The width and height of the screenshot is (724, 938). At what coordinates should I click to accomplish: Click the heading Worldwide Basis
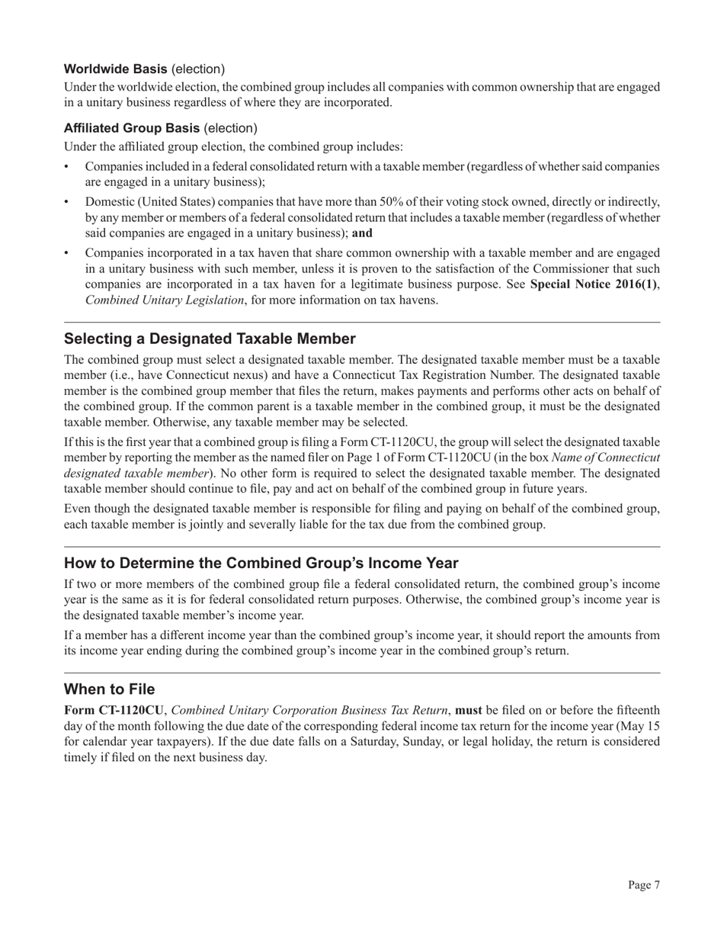click(115, 69)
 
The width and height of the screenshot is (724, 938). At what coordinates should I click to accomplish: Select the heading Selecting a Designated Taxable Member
click(210, 339)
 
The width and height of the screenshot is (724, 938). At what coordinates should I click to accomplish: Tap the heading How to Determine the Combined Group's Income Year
click(261, 563)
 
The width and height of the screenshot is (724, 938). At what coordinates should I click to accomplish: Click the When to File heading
click(109, 689)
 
